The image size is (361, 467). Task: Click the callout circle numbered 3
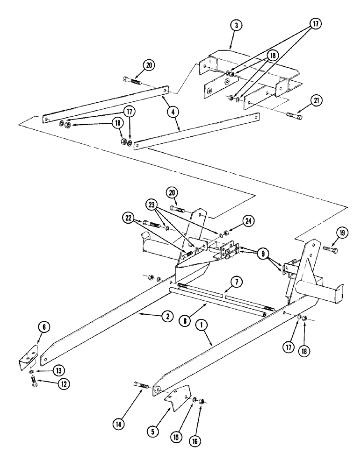click(x=237, y=26)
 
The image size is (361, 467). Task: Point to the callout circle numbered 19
click(x=342, y=232)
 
